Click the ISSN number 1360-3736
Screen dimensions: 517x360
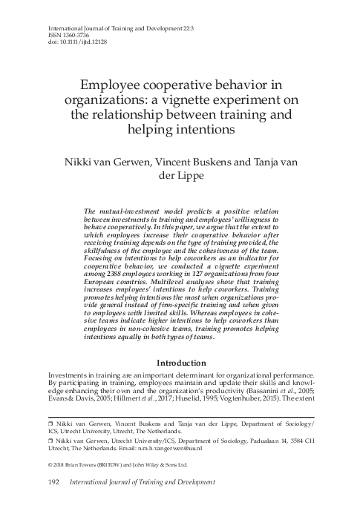pyautogui.click(x=61, y=34)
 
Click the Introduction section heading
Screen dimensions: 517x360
pyautogui.click(x=180, y=363)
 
